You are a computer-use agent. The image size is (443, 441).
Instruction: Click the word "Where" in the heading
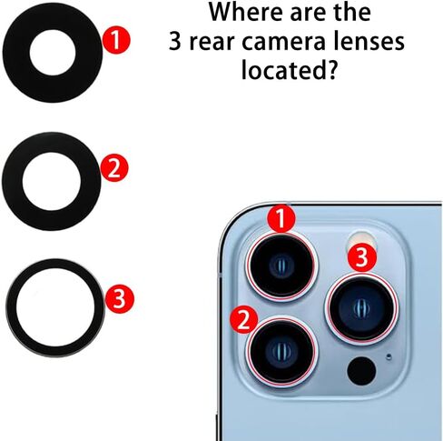pyautogui.click(x=239, y=12)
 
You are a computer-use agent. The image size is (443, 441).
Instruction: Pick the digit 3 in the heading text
pyautogui.click(x=175, y=41)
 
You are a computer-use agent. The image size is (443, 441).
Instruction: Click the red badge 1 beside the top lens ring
pyautogui.click(x=116, y=40)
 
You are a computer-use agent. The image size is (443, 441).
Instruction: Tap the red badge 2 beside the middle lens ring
pyautogui.click(x=114, y=168)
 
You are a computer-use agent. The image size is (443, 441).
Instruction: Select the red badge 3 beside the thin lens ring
pyautogui.click(x=120, y=299)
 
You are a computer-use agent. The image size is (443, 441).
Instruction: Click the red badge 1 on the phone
pyautogui.click(x=281, y=219)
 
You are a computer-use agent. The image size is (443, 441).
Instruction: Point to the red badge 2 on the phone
pyautogui.click(x=244, y=320)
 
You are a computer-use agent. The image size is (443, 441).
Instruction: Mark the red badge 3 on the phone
pyautogui.click(x=362, y=257)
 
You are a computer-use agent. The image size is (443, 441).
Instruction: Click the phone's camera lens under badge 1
pyautogui.click(x=281, y=266)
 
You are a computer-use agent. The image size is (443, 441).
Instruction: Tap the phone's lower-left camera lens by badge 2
pyautogui.click(x=281, y=352)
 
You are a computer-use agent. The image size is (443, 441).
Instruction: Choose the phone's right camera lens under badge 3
pyautogui.click(x=361, y=308)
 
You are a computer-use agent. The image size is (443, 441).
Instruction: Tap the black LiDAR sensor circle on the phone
pyautogui.click(x=361, y=371)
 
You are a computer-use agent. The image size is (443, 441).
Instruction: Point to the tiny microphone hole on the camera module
pyautogui.click(x=389, y=356)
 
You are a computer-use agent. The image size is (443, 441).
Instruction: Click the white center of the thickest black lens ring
pyautogui.click(x=53, y=52)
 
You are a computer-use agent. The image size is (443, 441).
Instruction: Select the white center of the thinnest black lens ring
pyautogui.click(x=56, y=307)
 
